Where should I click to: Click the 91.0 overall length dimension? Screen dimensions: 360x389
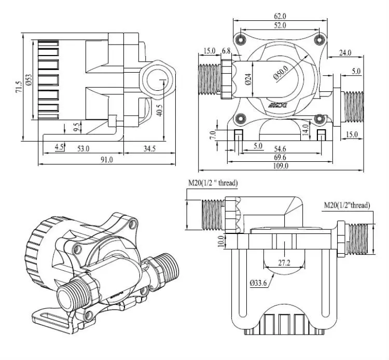click(106, 160)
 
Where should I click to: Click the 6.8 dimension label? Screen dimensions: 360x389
click(227, 51)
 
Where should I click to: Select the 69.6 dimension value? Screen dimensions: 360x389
click(282, 157)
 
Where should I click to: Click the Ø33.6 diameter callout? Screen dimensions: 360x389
click(257, 284)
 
